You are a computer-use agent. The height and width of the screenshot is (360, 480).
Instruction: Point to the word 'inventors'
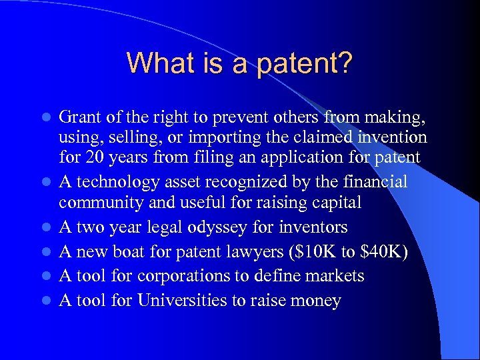coord(311,227)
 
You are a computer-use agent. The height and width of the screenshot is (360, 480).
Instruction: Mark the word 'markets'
coord(333,275)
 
